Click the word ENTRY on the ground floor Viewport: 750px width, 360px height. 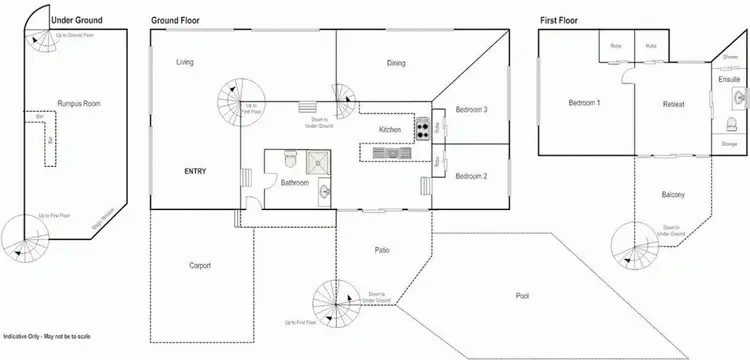(195, 172)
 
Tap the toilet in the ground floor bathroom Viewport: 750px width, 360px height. (287, 160)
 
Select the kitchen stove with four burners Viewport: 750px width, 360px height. (422, 128)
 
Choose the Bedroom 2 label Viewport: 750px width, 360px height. (470, 176)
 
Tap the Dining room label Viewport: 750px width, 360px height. (396, 64)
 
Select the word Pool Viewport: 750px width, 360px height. (522, 296)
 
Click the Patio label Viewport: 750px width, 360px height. (382, 250)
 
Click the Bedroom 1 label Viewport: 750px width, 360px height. (584, 103)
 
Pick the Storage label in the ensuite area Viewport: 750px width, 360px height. (729, 145)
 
